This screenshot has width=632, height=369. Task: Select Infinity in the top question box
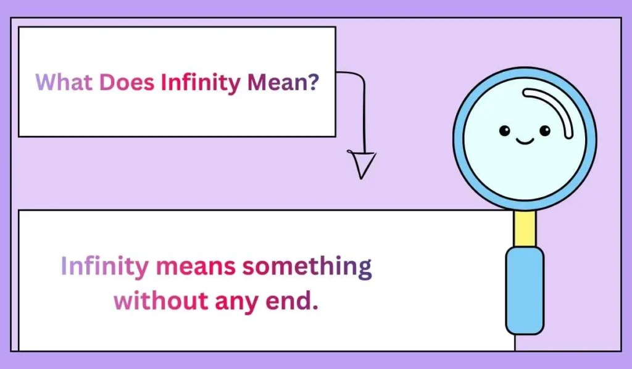click(200, 82)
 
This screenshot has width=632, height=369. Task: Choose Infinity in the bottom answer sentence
click(104, 267)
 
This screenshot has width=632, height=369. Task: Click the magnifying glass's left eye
click(505, 130)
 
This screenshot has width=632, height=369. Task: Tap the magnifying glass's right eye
click(544, 130)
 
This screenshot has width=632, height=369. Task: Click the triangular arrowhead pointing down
click(364, 164)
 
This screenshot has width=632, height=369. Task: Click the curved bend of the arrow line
click(360, 77)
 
